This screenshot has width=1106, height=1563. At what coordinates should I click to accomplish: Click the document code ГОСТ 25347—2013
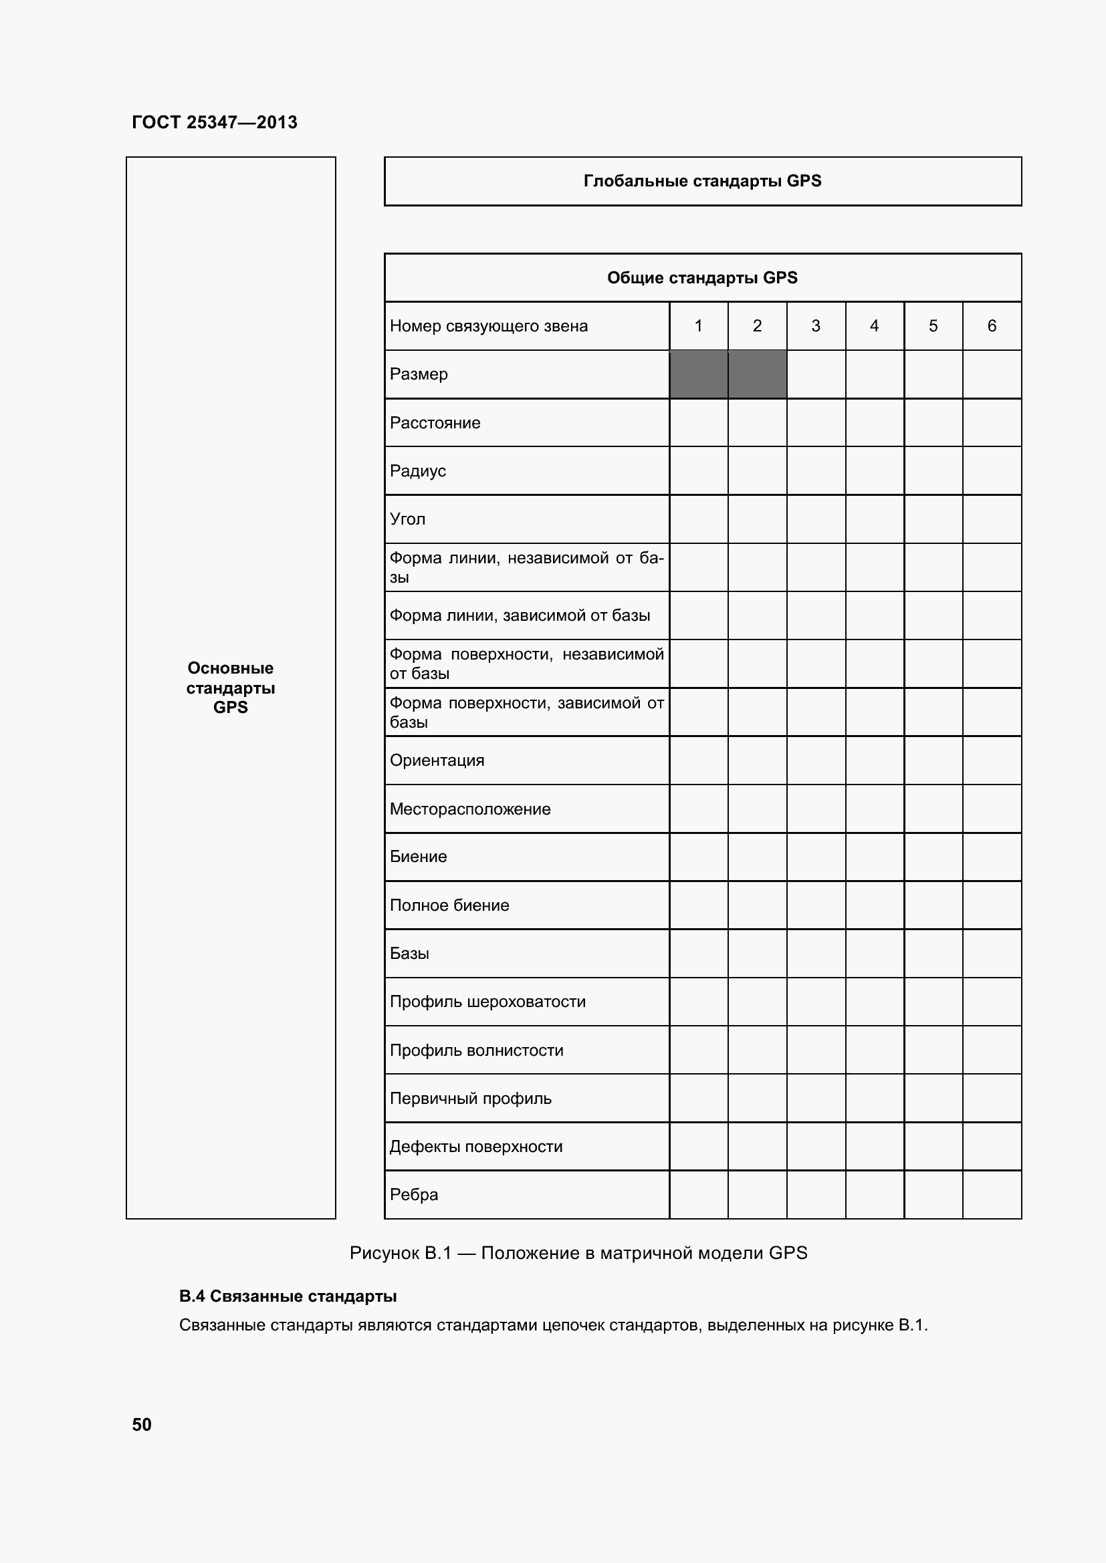pos(215,122)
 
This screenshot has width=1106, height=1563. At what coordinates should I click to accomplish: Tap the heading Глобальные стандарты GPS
pos(702,181)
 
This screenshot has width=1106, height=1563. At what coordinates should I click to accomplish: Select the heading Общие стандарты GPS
pos(702,278)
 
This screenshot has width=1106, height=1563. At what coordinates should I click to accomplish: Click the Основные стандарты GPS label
pos(230,688)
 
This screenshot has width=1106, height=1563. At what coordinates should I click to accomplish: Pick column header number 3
pos(816,326)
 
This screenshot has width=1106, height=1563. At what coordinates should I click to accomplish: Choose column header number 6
pos(992,326)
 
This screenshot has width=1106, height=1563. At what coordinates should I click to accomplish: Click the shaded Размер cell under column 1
pos(699,374)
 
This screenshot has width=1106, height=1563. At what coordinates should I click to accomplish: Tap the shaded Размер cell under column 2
pos(758,374)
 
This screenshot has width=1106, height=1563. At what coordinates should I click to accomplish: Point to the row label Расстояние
pos(435,423)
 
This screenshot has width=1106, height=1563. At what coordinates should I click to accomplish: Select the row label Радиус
pos(417,471)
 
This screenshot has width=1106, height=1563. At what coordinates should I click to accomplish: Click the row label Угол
pos(407,519)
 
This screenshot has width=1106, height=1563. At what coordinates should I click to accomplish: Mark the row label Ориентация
pos(437,760)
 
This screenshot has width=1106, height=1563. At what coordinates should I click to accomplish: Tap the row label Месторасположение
pos(470,809)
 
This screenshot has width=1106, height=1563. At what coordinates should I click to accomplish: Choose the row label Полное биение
pos(449,905)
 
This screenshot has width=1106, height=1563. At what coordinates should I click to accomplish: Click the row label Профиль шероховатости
pos(487,1002)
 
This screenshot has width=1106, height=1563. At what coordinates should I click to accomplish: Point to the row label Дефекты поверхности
pos(476,1147)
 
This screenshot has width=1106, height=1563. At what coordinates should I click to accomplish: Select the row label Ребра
pos(413,1195)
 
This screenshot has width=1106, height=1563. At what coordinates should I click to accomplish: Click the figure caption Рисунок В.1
pos(578,1253)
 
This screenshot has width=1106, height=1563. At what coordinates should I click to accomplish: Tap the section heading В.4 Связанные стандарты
pos(288,1296)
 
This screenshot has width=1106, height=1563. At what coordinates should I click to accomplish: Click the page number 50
pos(142,1425)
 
